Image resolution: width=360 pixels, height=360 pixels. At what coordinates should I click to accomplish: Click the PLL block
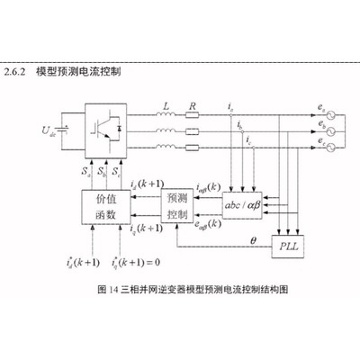point(288,245)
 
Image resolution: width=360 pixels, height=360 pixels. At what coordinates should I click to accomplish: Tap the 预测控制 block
point(178,206)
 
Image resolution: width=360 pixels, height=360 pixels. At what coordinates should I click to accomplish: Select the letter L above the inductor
point(166,105)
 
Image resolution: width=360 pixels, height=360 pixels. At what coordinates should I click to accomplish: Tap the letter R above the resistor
point(192,105)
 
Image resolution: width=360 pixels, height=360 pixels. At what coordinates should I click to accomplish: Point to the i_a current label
point(232,109)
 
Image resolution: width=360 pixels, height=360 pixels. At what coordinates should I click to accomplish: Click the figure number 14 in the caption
point(112,291)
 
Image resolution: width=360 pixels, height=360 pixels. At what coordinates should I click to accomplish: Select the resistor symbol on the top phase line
point(192,116)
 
